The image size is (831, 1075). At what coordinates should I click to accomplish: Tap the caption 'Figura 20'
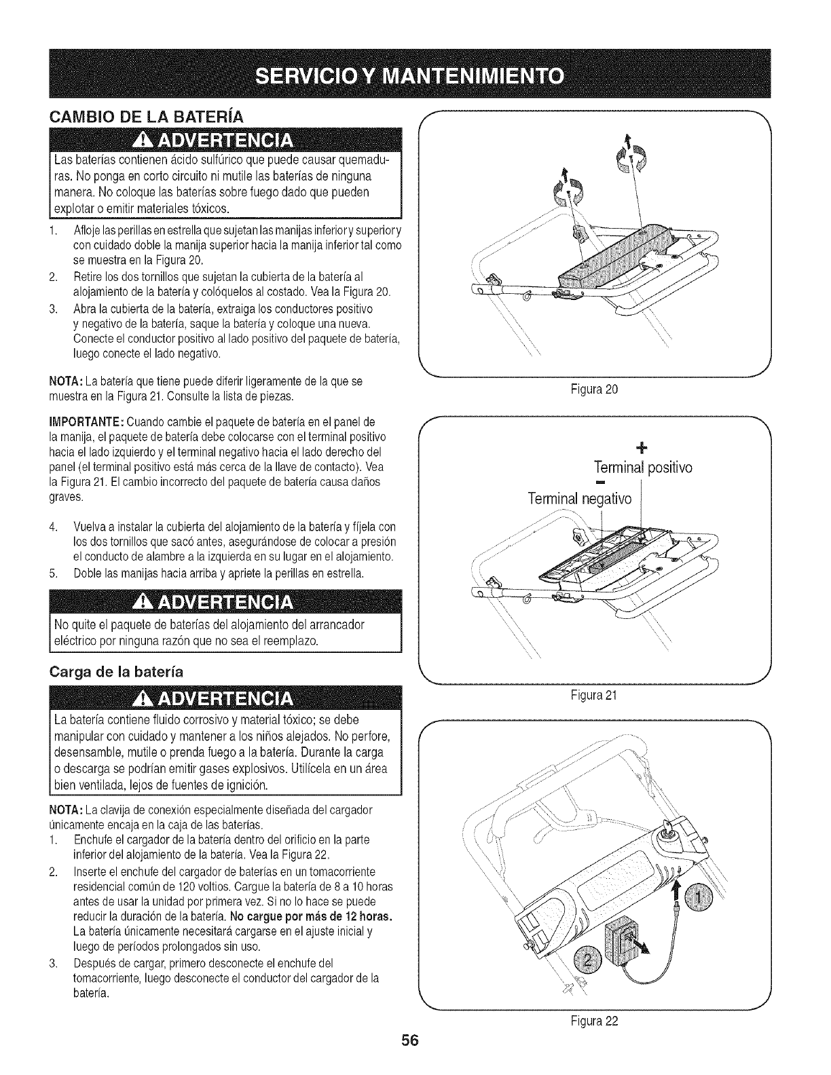(595, 390)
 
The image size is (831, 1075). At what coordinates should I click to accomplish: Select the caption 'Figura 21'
(595, 695)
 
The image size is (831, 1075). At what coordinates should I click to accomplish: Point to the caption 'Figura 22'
(595, 1021)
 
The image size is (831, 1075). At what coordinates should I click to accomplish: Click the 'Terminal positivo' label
(642, 468)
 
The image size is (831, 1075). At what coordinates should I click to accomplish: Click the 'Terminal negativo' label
(580, 499)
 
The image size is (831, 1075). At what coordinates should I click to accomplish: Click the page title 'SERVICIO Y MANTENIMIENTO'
(415, 74)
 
